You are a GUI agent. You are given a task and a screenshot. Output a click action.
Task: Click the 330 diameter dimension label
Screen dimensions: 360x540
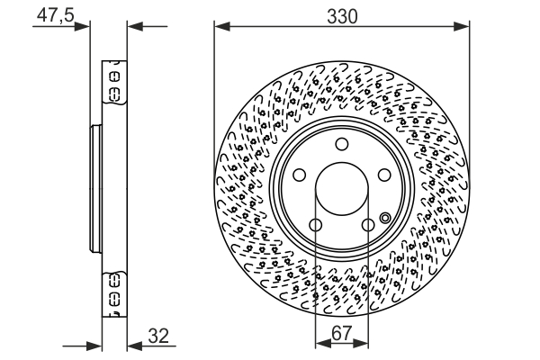(x=342, y=16)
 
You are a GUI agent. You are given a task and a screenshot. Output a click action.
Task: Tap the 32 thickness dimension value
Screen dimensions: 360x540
(x=157, y=336)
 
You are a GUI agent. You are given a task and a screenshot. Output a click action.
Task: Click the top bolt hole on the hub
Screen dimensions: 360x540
(x=341, y=146)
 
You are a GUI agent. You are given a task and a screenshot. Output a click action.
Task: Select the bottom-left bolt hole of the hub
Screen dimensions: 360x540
(x=315, y=225)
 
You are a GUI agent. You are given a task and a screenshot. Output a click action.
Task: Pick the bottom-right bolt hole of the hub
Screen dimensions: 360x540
(x=368, y=225)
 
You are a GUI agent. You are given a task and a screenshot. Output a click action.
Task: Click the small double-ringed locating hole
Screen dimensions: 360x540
(x=385, y=217)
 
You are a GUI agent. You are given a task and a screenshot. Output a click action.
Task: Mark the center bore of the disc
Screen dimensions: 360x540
(x=341, y=191)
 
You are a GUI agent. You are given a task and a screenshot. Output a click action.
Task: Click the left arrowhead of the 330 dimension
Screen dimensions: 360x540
(x=220, y=27)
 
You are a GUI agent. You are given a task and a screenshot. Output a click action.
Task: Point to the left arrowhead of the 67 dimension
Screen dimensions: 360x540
(x=320, y=344)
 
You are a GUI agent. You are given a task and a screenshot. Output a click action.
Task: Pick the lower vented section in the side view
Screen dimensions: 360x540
(x=114, y=295)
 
